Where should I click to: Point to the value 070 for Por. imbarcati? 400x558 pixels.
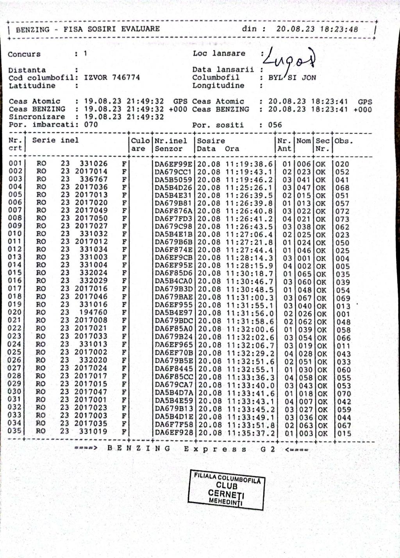point(91,125)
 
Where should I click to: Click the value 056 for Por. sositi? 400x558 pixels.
point(275,125)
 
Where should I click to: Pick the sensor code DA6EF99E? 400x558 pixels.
point(173,164)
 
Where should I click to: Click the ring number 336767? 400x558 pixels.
point(93,179)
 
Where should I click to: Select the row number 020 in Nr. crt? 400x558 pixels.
point(15,312)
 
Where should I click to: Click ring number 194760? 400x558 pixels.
point(93,312)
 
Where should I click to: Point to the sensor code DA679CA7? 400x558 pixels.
point(173,385)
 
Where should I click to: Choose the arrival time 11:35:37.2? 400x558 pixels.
point(250,433)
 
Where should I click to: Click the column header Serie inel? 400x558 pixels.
point(55,140)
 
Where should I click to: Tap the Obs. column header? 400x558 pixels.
point(344,141)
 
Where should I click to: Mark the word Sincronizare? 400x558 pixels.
point(37,117)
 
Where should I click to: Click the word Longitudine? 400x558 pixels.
point(218,85)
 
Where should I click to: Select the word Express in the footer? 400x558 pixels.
point(215,449)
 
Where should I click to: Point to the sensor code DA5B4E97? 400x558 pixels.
point(173,313)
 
